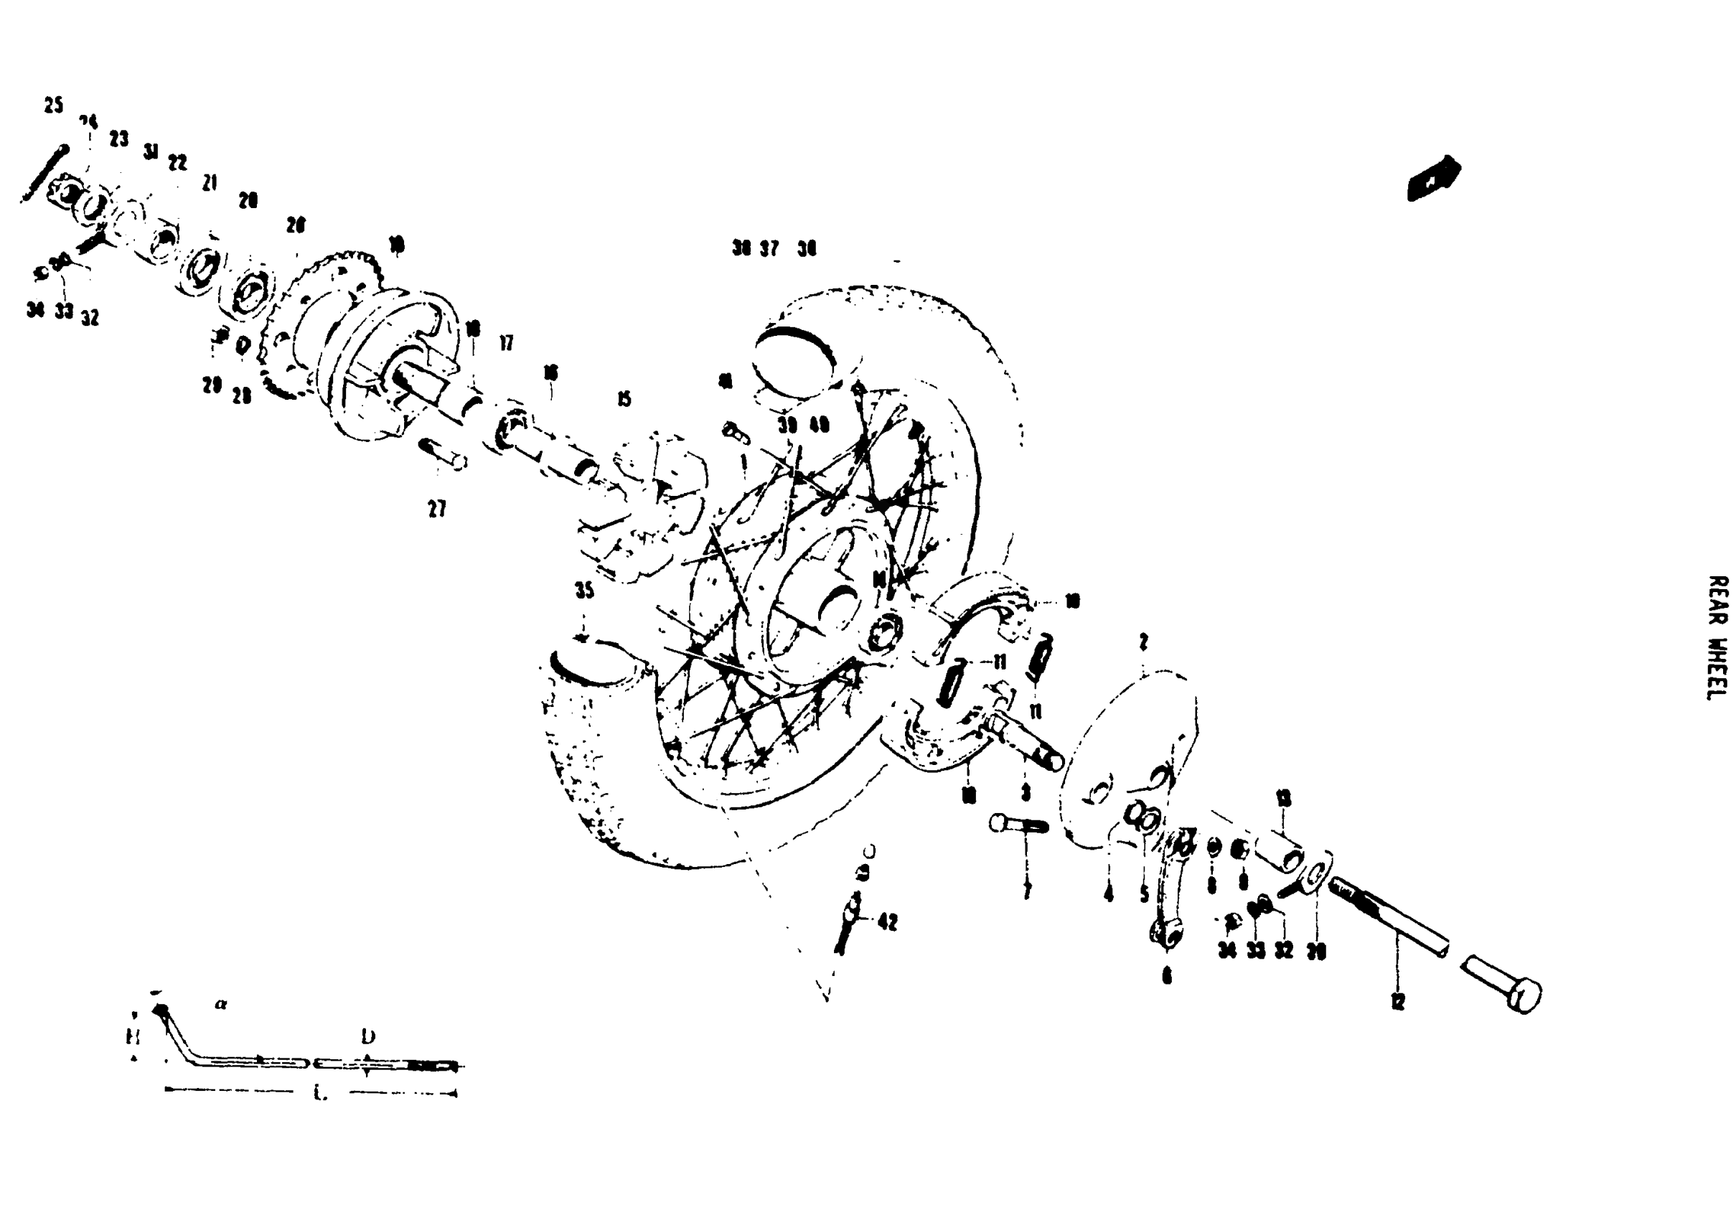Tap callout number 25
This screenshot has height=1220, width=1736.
click(53, 105)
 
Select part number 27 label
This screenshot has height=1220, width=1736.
click(437, 510)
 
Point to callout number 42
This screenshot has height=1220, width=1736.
click(888, 922)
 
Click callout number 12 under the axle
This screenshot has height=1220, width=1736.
click(1397, 1002)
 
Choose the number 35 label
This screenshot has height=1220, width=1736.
click(584, 591)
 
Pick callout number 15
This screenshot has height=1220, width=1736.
click(624, 399)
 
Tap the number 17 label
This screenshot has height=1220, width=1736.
click(506, 343)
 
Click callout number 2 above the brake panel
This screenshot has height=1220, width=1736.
click(1143, 642)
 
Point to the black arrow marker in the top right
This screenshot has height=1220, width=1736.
click(1433, 179)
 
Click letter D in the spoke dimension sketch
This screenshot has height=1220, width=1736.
click(368, 1036)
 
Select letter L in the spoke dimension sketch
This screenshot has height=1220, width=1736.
click(321, 1094)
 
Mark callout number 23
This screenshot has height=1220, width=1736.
click(118, 139)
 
